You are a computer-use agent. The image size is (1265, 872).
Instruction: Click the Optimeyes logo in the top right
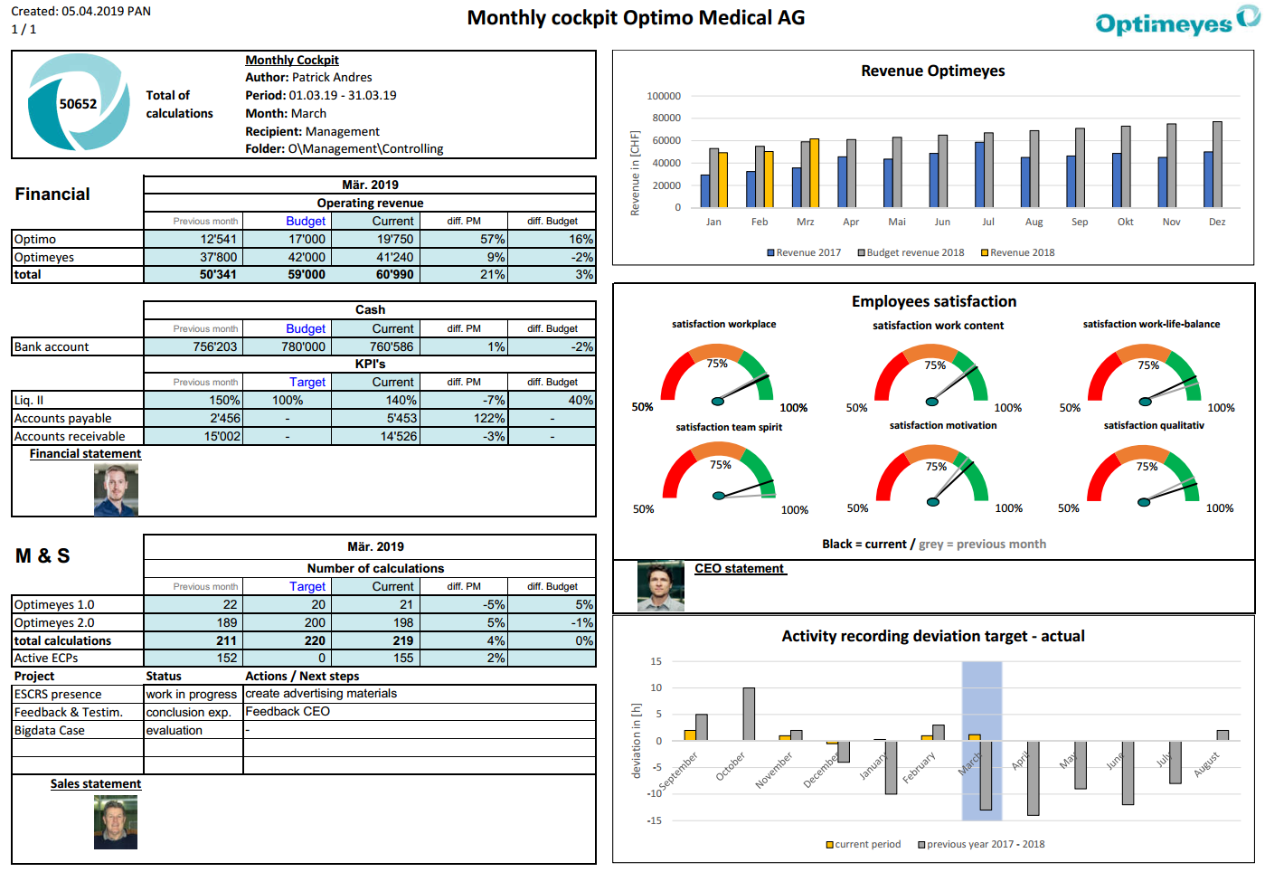pyautogui.click(x=1175, y=22)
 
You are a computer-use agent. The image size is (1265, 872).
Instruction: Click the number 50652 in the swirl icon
pyautogui.click(x=78, y=104)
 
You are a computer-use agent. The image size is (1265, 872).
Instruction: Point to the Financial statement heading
pyautogui.click(x=85, y=454)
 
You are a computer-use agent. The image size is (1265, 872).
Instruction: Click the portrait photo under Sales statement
pyautogui.click(x=116, y=822)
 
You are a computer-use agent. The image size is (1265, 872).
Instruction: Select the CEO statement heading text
pyautogui.click(x=739, y=569)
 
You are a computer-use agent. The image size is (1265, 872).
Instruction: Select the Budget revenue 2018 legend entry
pyautogui.click(x=911, y=253)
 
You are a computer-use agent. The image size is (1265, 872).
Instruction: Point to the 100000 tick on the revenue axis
pyautogui.click(x=664, y=96)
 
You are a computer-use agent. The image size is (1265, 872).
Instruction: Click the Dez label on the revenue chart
pyautogui.click(x=1217, y=223)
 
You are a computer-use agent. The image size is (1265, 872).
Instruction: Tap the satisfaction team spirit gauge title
pyautogui.click(x=729, y=428)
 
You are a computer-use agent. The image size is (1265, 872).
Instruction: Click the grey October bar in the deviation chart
pyautogui.click(x=749, y=714)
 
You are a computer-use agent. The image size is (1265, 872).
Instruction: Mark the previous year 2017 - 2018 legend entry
pyautogui.click(x=981, y=845)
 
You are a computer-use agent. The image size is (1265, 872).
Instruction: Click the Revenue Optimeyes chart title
pyautogui.click(x=932, y=71)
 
